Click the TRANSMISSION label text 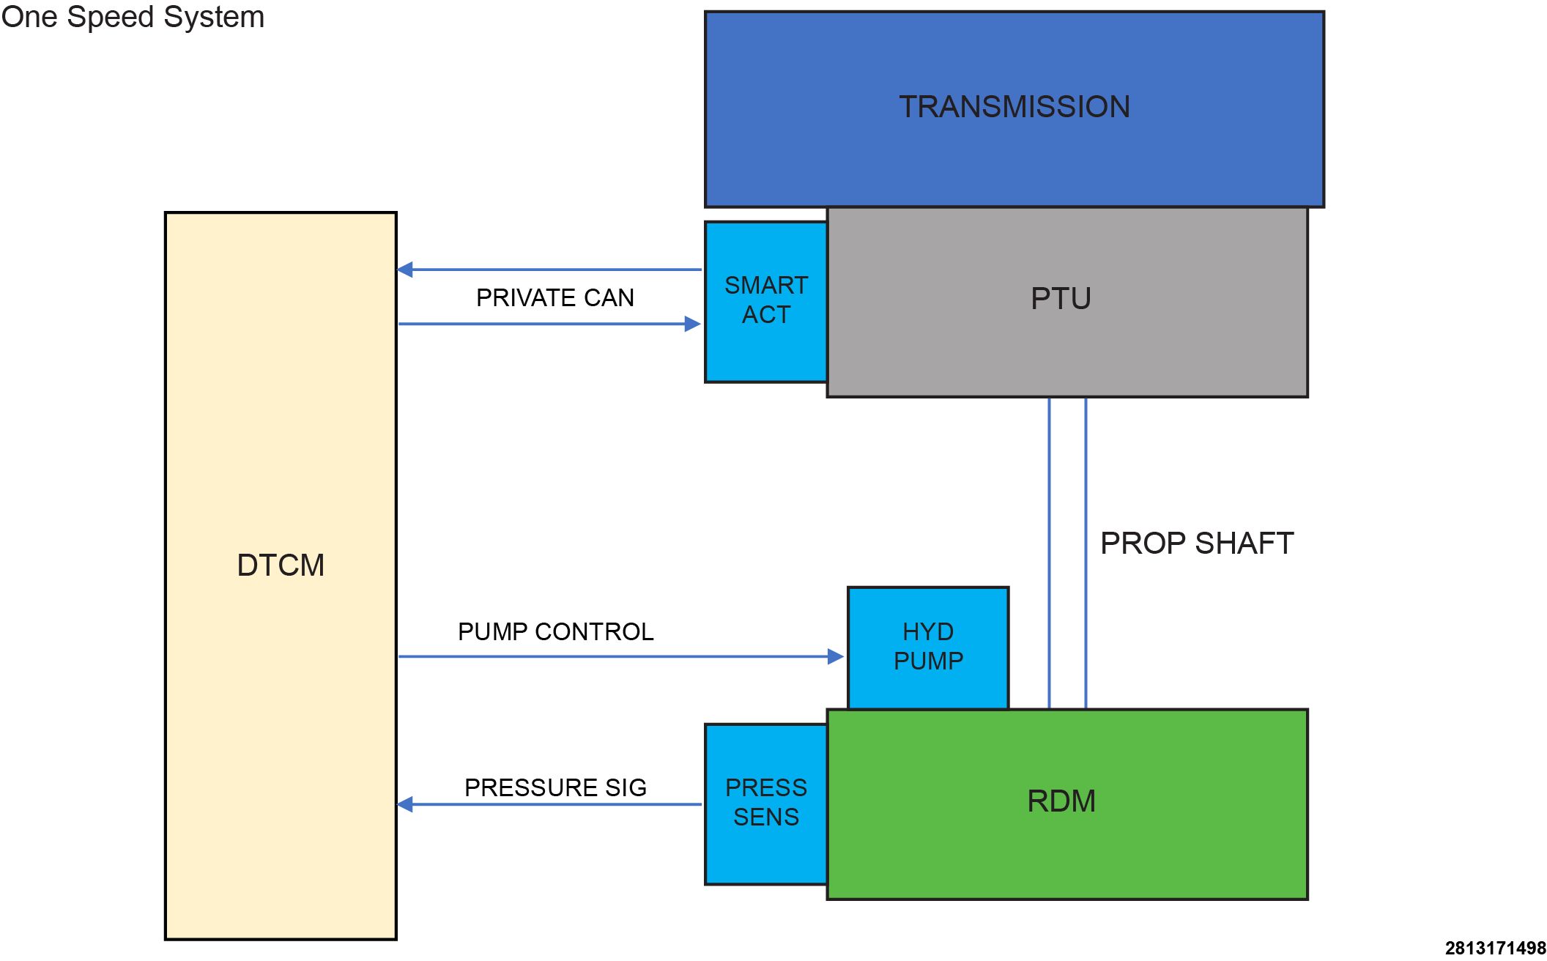point(1014,107)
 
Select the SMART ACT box point(766,301)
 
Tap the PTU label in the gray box point(1061,299)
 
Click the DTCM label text point(281,565)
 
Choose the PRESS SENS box point(766,804)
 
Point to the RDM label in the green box point(1061,801)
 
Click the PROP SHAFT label point(1197,543)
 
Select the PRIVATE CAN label point(555,298)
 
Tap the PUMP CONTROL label point(555,631)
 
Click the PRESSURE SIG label point(555,787)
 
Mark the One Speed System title point(133,17)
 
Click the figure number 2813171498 point(1495,948)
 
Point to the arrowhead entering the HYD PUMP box point(836,656)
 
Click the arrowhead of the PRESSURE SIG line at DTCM point(405,804)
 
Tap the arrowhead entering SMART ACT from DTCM point(693,324)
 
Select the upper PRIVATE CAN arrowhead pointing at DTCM point(405,270)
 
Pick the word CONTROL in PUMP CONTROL point(594,631)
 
